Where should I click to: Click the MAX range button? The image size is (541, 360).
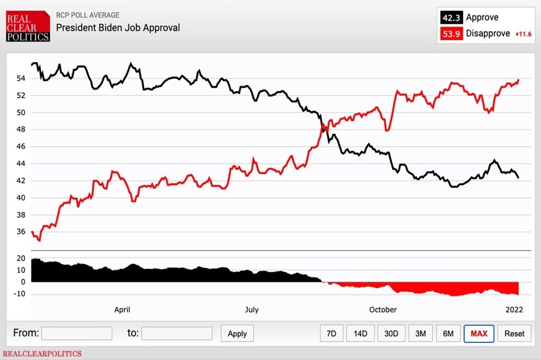click(x=479, y=334)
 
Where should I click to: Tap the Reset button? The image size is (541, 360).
click(x=514, y=334)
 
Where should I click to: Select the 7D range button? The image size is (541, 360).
click(x=331, y=334)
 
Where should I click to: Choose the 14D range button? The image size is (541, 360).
click(x=360, y=334)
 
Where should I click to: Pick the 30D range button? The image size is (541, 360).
click(x=391, y=334)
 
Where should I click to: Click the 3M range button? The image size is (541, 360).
click(x=420, y=334)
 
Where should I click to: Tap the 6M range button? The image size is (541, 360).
click(x=448, y=334)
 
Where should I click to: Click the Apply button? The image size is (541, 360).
click(x=237, y=334)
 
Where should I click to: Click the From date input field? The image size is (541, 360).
click(x=77, y=334)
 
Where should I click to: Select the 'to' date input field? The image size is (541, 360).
click(x=176, y=334)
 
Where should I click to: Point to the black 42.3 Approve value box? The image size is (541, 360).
click(x=451, y=17)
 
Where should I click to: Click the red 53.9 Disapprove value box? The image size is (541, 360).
click(x=451, y=34)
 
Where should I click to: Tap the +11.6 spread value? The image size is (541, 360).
click(x=523, y=34)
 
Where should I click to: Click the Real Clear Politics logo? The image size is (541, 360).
click(x=28, y=26)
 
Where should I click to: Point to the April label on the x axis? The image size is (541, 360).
click(x=122, y=310)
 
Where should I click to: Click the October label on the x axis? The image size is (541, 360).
click(x=383, y=310)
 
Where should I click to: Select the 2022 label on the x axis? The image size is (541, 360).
click(x=514, y=310)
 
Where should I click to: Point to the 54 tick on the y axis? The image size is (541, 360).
click(x=21, y=78)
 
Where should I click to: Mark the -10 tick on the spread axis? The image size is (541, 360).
click(x=20, y=294)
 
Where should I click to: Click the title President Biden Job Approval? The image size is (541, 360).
click(x=118, y=27)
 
